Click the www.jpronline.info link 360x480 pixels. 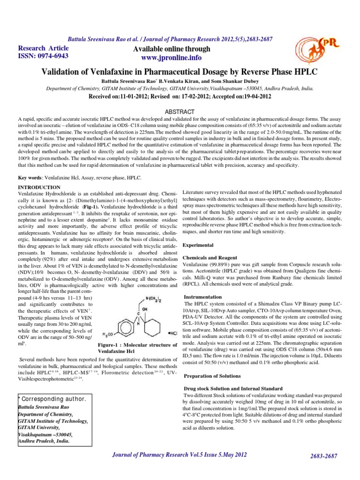[169, 58]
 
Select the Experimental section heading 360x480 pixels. [198, 245]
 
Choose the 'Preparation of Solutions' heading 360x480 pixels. [212, 376]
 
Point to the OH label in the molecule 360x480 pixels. [146, 309]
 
